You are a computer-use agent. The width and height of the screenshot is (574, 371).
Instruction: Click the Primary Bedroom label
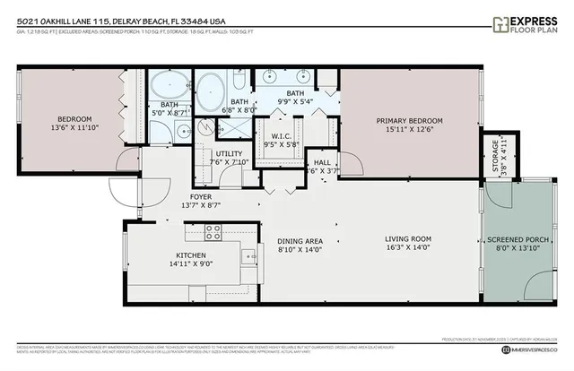409,120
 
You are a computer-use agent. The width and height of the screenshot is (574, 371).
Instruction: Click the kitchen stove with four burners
213,232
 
